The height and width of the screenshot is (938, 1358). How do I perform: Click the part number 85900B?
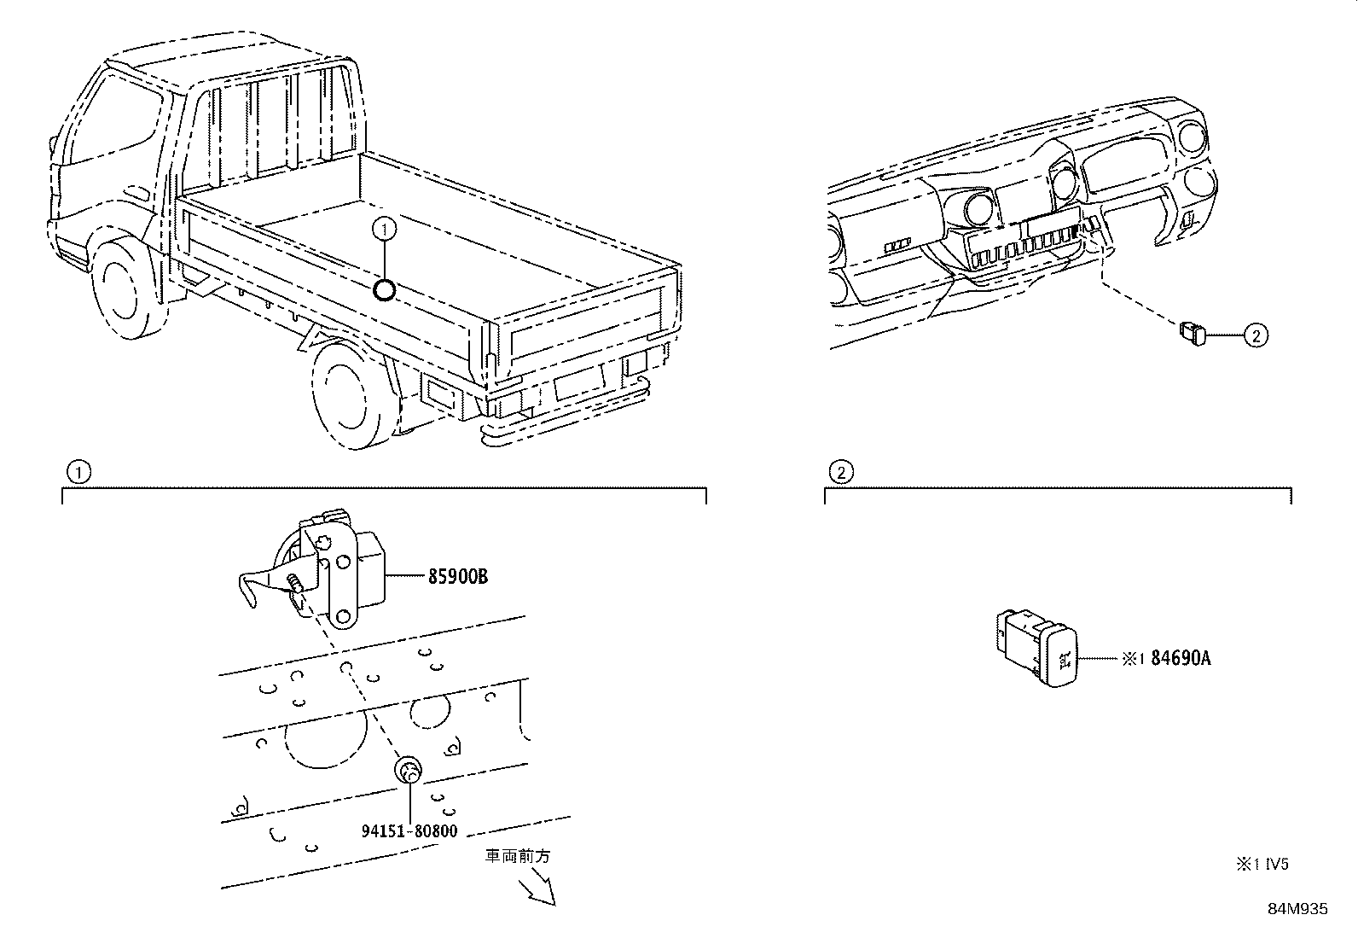click(457, 576)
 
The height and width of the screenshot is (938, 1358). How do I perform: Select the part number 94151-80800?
click(408, 830)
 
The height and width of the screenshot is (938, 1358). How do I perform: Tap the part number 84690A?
click(1181, 658)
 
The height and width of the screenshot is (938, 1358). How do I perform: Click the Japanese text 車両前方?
click(518, 855)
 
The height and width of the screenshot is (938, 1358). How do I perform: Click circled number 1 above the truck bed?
click(385, 228)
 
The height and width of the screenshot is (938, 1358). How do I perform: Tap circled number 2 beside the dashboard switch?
click(1255, 336)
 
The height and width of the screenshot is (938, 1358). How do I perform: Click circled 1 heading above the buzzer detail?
click(78, 471)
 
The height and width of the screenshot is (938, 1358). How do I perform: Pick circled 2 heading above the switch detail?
click(840, 471)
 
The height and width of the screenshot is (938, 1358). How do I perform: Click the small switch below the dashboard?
click(1193, 333)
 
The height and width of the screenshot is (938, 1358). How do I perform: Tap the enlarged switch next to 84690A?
click(1038, 648)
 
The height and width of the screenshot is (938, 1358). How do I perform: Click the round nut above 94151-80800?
click(409, 772)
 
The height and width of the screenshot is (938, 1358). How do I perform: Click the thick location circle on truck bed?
click(385, 291)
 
